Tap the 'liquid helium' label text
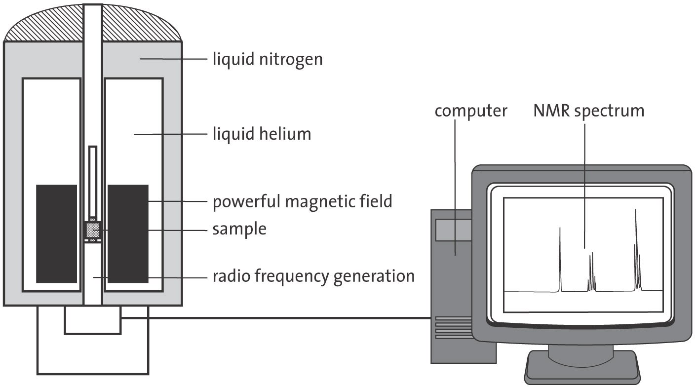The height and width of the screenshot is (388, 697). pyautogui.click(x=262, y=133)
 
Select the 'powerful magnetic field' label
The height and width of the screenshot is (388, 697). pyautogui.click(x=302, y=201)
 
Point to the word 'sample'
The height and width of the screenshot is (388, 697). pyautogui.click(x=239, y=229)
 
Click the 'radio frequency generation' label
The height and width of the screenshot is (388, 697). pyautogui.click(x=313, y=276)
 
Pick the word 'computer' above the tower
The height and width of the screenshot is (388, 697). pyautogui.click(x=470, y=111)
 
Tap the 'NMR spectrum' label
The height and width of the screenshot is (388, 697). pyautogui.click(x=588, y=111)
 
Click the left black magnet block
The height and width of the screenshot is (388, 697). pyautogui.click(x=56, y=233)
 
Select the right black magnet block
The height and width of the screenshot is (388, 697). pyautogui.click(x=128, y=233)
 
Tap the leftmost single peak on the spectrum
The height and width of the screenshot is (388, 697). pyautogui.click(x=560, y=259)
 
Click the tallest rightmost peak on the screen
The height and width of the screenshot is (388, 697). pyautogui.click(x=636, y=247)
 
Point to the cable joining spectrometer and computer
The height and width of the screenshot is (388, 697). pyautogui.click(x=276, y=317)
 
